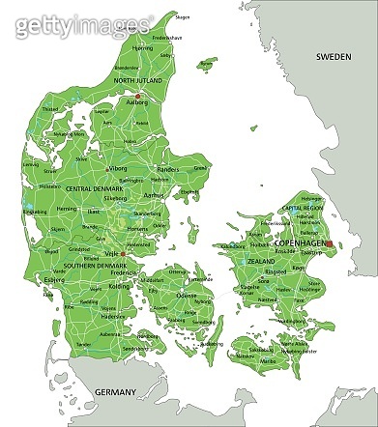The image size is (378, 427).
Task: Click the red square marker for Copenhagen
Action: tap(329, 244)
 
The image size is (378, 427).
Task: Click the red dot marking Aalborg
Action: tap(138, 96)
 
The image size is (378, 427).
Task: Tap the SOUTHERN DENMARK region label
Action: tap(96, 265)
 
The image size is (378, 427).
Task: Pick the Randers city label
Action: tap(168, 168)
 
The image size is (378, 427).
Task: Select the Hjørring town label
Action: tap(144, 47)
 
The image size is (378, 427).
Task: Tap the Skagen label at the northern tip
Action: tap(183, 15)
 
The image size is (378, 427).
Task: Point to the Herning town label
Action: tap(66, 208)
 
